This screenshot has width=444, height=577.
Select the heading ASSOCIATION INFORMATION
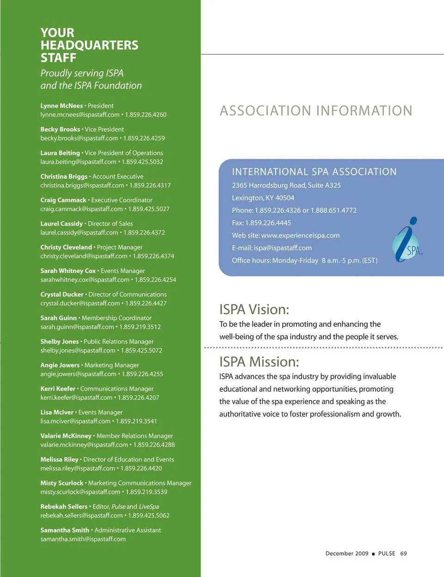click(316, 111)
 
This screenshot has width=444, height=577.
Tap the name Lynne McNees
click(62, 106)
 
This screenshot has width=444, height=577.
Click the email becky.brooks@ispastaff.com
click(79, 138)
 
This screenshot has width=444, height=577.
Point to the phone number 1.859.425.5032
click(142, 162)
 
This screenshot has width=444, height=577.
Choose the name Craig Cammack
click(63, 200)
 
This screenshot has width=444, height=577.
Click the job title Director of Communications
click(128, 295)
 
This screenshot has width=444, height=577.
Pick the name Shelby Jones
click(60, 342)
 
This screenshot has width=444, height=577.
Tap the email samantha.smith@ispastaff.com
click(83, 540)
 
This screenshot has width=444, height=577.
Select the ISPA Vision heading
click(254, 310)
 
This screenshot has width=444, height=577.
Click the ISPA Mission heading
click(259, 362)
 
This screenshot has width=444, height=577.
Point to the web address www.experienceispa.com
click(300, 236)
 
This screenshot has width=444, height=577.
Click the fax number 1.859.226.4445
click(268, 223)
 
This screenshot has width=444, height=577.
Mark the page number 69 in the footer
click(403, 554)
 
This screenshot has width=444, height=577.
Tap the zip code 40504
click(285, 198)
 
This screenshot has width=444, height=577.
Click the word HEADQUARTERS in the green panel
click(89, 45)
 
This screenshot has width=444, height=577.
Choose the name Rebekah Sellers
click(64, 507)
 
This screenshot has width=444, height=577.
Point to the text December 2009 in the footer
click(347, 554)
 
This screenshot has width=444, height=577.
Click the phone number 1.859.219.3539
click(147, 492)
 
